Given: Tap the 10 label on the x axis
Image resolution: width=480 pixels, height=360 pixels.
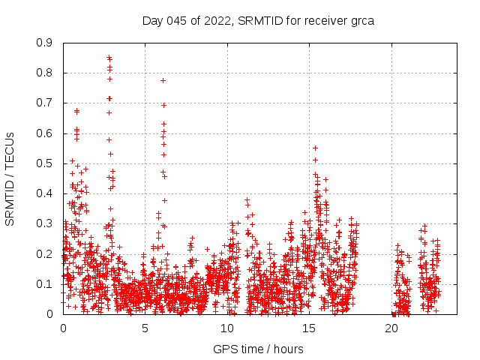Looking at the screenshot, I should [x=227, y=328].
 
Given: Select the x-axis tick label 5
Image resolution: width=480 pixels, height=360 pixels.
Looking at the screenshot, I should [x=145, y=328].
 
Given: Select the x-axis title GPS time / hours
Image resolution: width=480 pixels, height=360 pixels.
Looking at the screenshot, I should [x=258, y=349].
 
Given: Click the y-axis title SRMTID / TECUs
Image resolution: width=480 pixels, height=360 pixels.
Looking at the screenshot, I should [x=10, y=178].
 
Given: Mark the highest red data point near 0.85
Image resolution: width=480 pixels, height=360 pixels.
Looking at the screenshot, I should [x=109, y=57].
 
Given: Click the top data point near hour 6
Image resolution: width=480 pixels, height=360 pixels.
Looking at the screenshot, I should [x=163, y=80].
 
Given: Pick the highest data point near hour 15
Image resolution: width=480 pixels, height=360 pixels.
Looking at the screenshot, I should [x=315, y=148].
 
